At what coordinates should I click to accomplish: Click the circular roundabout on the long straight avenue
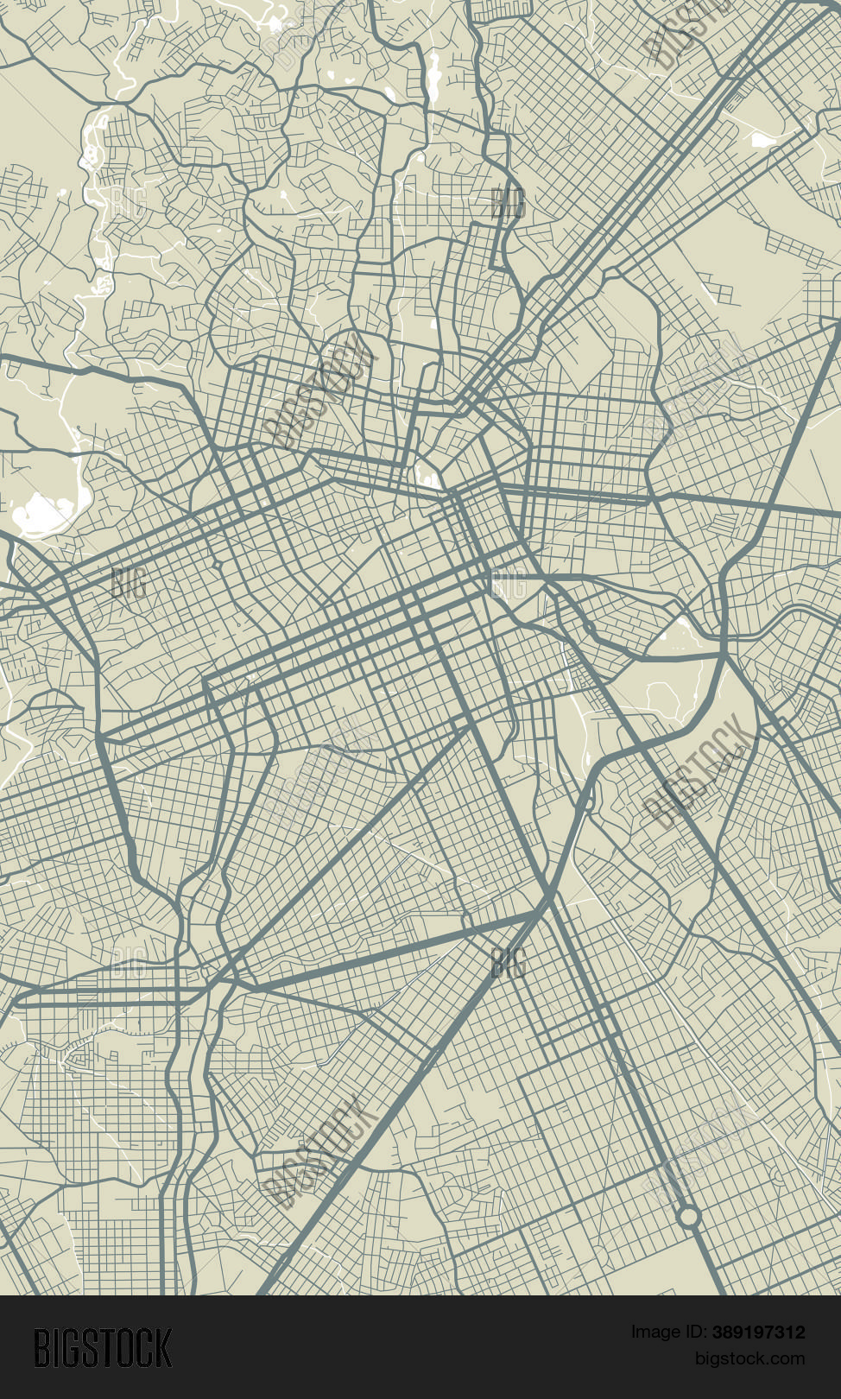[687, 1217]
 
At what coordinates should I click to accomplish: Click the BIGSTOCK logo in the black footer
[103, 1347]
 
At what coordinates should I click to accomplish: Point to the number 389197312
[759, 1332]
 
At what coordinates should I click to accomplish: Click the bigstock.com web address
[749, 1358]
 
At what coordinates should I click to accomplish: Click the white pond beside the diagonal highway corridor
[763, 138]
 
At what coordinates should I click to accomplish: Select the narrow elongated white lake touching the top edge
[433, 73]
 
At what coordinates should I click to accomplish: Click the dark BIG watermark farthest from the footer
[508, 204]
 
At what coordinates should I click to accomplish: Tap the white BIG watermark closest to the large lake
[128, 584]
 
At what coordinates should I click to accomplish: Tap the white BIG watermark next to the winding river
[128, 204]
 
